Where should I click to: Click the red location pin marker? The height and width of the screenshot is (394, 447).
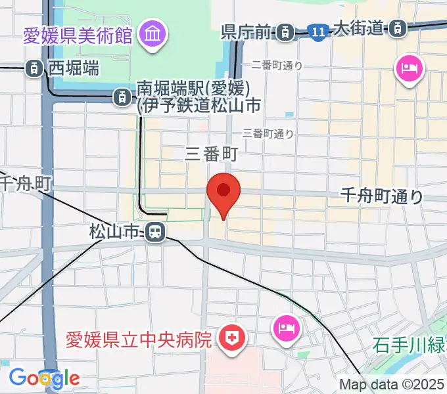pyautogui.click(x=223, y=192)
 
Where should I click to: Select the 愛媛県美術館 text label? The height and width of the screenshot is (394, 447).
pyautogui.click(x=78, y=35)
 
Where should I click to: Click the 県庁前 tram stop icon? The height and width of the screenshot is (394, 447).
pyautogui.click(x=285, y=30)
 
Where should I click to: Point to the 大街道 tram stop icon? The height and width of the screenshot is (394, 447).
pyautogui.click(x=397, y=28)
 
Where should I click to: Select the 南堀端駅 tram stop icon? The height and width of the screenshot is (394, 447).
pyautogui.click(x=122, y=98)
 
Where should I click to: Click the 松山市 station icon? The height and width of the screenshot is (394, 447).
pyautogui.click(x=155, y=231)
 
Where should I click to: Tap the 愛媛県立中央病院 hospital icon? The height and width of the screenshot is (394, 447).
pyautogui.click(x=231, y=339)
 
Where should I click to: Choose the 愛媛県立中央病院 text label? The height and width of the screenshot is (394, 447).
pyautogui.click(x=139, y=340)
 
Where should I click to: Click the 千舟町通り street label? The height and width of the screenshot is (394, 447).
pyautogui.click(x=382, y=196)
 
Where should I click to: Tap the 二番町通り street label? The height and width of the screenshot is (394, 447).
pyautogui.click(x=277, y=65)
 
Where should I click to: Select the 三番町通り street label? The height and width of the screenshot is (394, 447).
pyautogui.click(x=268, y=133)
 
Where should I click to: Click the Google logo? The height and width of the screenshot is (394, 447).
pyautogui.click(x=44, y=378)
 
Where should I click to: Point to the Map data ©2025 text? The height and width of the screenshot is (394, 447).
pyautogui.click(x=392, y=385)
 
